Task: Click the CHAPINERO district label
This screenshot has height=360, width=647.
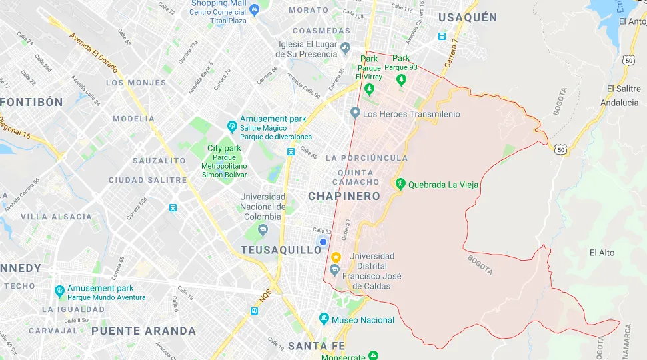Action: click(x=344, y=196)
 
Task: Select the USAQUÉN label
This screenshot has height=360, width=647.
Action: click(x=468, y=17)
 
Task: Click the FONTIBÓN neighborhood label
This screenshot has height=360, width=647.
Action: click(x=32, y=102)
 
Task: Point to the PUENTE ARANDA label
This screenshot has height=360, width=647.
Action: click(x=143, y=331)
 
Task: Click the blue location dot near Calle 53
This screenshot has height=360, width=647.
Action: click(x=323, y=242)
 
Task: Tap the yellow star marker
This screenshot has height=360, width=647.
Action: click(x=336, y=257)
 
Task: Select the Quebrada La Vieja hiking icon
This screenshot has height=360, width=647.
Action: click(x=400, y=184)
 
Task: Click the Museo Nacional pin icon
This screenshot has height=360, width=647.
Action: click(x=324, y=319)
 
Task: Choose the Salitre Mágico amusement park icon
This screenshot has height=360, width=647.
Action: click(x=232, y=125)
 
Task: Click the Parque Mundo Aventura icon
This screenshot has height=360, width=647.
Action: click(x=59, y=291)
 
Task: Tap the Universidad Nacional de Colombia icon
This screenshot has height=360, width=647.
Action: click(x=262, y=231)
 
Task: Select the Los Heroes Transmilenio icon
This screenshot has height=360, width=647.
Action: click(x=355, y=113)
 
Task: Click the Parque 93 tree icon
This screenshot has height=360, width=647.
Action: click(x=400, y=80)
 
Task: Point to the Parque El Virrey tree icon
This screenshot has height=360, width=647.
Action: click(x=368, y=89)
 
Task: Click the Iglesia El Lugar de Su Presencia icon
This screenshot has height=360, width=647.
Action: click(x=345, y=48)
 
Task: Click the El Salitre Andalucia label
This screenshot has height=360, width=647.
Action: click(x=619, y=96)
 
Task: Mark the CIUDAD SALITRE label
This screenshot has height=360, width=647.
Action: click(x=148, y=180)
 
